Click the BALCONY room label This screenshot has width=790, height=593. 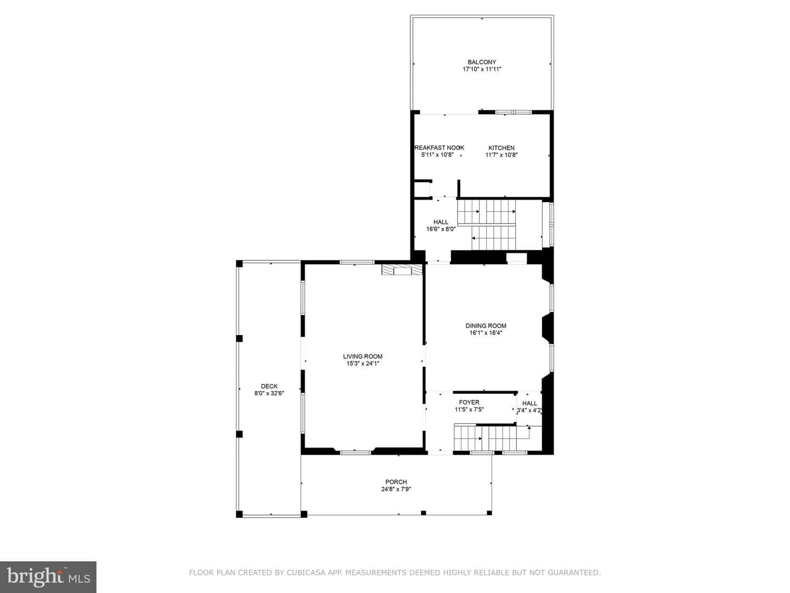point(482,62)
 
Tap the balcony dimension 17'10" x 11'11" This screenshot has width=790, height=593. point(482,69)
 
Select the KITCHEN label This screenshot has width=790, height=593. point(501,148)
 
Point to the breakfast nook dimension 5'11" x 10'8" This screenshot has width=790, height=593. point(437,155)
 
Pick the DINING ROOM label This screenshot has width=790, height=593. point(486,326)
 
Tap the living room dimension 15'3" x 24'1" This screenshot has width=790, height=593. point(363,363)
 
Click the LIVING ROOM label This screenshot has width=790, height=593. point(363,356)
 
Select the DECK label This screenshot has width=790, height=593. point(269,387)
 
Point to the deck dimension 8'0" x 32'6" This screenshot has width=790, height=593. point(269,394)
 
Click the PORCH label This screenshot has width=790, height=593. point(396,482)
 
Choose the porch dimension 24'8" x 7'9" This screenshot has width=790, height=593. point(396,489)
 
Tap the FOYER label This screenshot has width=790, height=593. point(469,402)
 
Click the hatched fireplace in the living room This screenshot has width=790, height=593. point(402,270)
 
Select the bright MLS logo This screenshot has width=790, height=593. point(48,577)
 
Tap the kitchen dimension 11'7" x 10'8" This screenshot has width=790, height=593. point(501,155)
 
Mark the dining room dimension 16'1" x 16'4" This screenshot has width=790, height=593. point(486,333)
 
